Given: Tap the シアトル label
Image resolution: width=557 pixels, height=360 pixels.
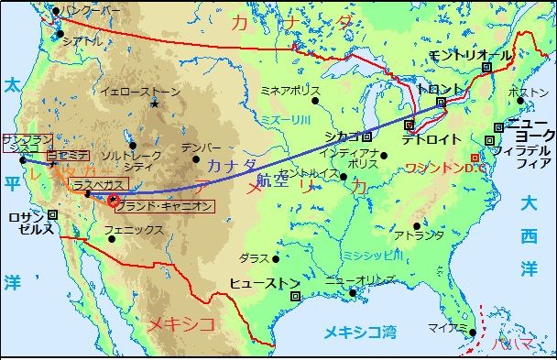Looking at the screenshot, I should pyautogui.click(x=82, y=41).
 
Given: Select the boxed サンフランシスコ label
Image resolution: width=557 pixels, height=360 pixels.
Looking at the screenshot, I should pyautogui.click(x=22, y=142).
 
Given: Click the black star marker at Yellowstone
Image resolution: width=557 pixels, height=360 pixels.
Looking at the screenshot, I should pyautogui.click(x=155, y=103).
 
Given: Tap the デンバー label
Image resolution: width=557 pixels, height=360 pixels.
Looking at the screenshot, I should pyautogui.click(x=202, y=147).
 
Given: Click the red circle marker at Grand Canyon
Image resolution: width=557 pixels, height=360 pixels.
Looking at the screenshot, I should pyautogui.click(x=114, y=199).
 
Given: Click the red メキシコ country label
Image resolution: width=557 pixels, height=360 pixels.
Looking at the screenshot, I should pyautogui.click(x=181, y=323).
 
